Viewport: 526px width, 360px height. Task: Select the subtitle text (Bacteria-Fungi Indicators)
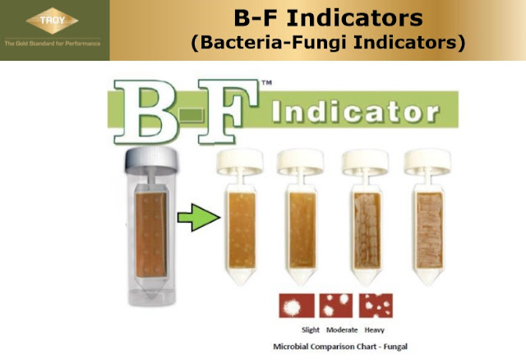[x=327, y=42]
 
